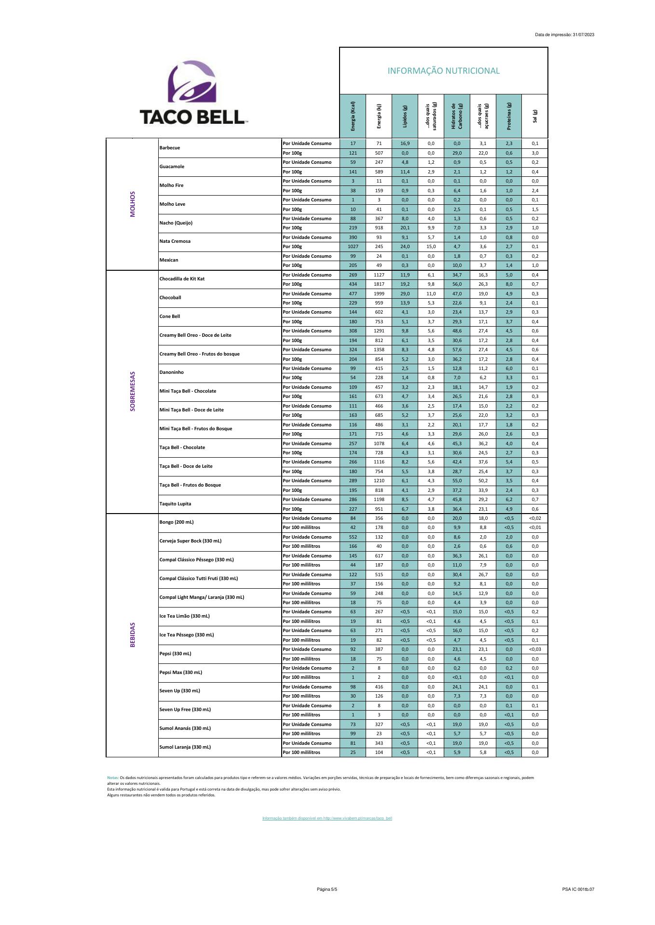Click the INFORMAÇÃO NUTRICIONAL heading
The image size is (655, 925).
(x=443, y=71)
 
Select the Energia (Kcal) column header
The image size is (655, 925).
(x=353, y=116)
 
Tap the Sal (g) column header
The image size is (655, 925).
(x=535, y=116)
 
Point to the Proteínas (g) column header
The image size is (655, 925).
(x=509, y=116)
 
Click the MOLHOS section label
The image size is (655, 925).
(x=133, y=204)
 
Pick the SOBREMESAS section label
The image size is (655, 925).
(x=133, y=391)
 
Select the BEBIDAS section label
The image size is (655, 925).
(x=133, y=634)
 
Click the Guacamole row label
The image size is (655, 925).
(x=172, y=167)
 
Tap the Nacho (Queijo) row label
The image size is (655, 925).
(x=176, y=223)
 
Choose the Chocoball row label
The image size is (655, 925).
(x=170, y=298)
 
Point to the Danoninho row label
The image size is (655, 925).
(x=171, y=372)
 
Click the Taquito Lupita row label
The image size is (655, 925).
(x=175, y=504)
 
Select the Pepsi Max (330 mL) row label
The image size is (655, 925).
(x=180, y=673)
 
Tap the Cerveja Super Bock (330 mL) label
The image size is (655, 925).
(x=191, y=541)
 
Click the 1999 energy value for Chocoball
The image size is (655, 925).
(x=379, y=294)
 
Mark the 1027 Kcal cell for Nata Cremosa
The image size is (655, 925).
(x=353, y=247)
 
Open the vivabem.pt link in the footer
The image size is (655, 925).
(x=327, y=818)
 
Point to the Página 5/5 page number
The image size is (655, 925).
(x=327, y=889)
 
